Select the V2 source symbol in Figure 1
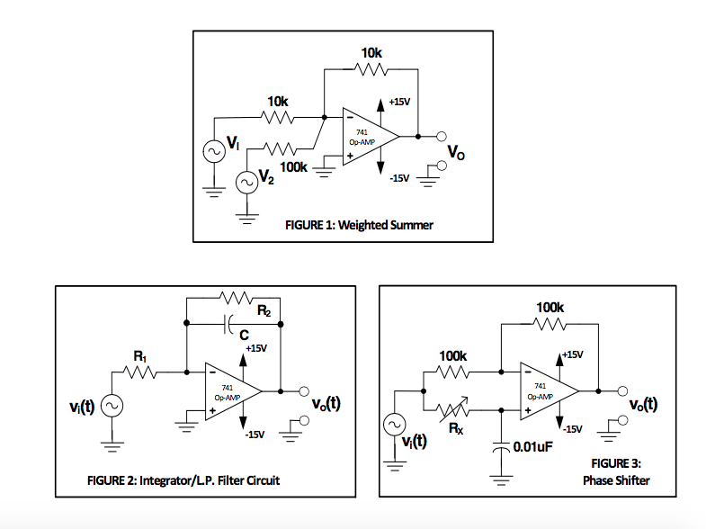246,183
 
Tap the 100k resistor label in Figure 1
293,167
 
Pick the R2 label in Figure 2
264,312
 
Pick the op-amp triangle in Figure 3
545,391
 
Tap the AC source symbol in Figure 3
393,424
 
